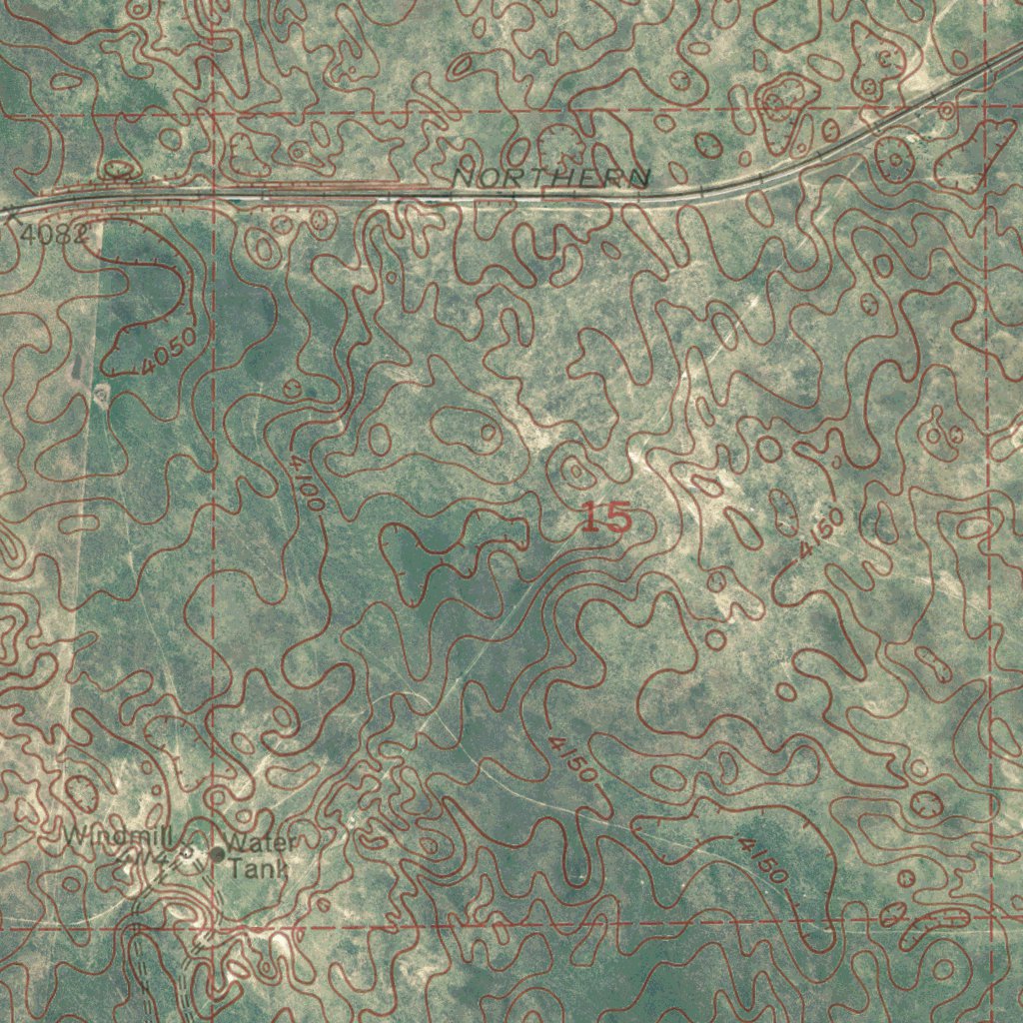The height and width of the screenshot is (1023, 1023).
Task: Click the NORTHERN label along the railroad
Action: pos(550,177)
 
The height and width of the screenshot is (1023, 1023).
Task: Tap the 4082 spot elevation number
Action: pos(53,235)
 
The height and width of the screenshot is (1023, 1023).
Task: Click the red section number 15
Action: pos(606,518)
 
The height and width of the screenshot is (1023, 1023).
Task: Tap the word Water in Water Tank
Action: pos(262,844)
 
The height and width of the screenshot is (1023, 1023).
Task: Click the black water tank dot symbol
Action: pos(218,853)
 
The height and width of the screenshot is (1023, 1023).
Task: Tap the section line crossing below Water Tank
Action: pos(215,925)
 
